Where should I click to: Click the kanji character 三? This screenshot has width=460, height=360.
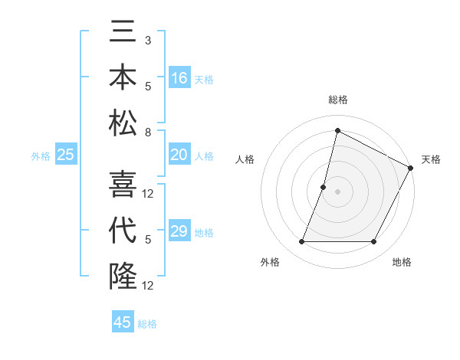pos(123,34)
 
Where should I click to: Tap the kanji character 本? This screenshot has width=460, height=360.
pos(123,78)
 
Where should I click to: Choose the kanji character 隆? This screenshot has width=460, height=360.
pos(123,275)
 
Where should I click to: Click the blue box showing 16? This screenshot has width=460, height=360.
pos(179,77)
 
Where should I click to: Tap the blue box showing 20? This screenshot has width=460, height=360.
pos(179,155)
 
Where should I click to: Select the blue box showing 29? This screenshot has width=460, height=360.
pos(179,231)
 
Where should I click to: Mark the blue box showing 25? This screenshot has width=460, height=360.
pos(65,155)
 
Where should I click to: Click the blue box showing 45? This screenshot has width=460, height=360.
pos(123,322)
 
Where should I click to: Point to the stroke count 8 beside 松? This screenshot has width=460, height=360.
pos(148,133)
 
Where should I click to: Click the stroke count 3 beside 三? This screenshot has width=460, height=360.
pos(148,40)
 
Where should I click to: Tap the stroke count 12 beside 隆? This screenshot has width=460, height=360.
pos(149,286)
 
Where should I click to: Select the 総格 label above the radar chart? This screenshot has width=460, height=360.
pos(338,100)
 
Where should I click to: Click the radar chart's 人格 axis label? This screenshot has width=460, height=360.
pos(245,159)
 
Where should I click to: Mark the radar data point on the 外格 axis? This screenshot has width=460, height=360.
pos(301,242)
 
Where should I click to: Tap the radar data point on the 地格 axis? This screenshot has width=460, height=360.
pos(374,242)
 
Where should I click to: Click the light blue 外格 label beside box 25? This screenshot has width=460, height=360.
pos(40,155)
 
